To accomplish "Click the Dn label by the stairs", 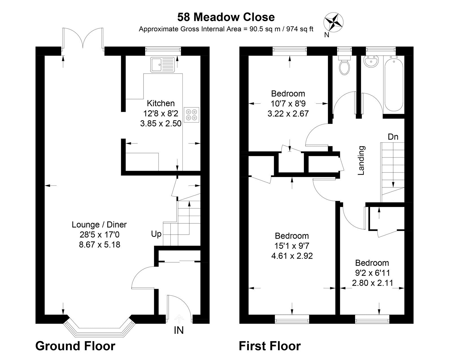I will click(393, 137).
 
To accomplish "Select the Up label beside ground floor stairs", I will click(156, 234).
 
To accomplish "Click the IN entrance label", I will click(179, 330).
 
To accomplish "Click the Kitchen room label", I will click(161, 103).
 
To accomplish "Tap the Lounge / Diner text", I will click(99, 225).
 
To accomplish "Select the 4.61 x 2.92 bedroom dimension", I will click(292, 256).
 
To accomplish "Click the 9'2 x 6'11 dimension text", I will click(372, 273).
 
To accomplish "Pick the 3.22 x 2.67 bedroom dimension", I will click(288, 114).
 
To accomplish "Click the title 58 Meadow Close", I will click(226, 17).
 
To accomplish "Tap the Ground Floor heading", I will click(75, 346).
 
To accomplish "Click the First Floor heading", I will click(270, 346).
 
